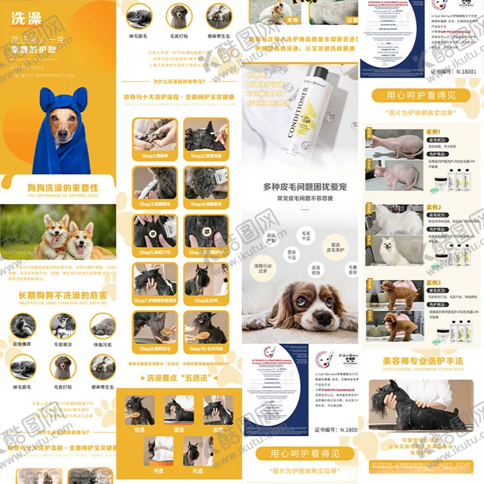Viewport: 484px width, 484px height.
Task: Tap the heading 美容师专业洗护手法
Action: (x=424, y=361)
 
